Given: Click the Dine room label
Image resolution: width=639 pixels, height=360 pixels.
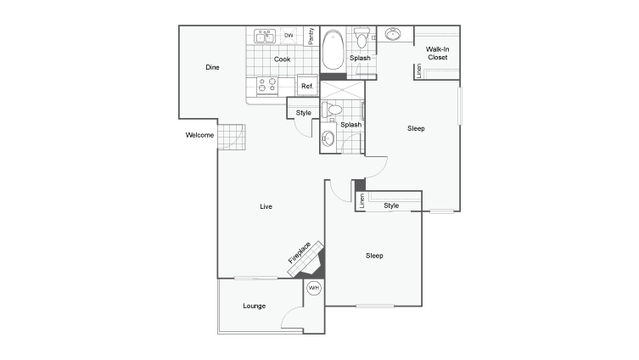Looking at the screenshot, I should (x=213, y=67).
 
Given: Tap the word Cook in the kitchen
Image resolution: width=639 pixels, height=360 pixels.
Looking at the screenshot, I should (x=283, y=59).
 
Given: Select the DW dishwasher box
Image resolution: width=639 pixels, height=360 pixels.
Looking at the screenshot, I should (x=289, y=36).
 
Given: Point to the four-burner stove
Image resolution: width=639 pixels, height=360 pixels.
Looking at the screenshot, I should (x=267, y=85).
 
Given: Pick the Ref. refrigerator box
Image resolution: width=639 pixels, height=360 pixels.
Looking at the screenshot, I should (x=307, y=86).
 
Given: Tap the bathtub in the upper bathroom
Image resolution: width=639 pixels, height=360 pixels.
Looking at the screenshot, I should (x=332, y=48).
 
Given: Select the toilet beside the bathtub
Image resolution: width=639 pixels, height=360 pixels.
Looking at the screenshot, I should (x=362, y=38).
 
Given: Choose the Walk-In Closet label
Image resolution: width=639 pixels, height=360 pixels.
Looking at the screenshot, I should (x=437, y=53).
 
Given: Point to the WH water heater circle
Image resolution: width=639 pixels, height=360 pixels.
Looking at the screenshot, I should (x=313, y=289).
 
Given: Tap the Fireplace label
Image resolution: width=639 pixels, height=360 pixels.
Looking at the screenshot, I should (x=299, y=251).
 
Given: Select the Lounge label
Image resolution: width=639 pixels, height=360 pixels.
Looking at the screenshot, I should (x=254, y=306).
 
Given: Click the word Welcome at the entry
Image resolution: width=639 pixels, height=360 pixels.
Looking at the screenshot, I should (x=199, y=135).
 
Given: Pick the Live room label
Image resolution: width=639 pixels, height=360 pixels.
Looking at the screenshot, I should (x=266, y=206).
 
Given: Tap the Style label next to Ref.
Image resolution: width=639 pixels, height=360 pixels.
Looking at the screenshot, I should (x=303, y=113).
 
